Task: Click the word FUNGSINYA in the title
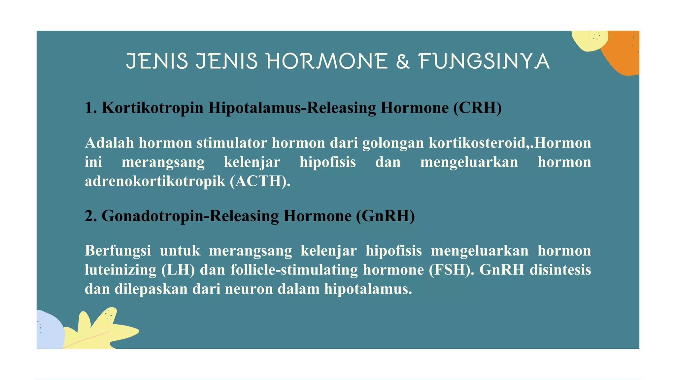pyautogui.click(x=484, y=61)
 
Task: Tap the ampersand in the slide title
pyautogui.click(x=403, y=61)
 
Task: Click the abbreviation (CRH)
pyautogui.click(x=477, y=108)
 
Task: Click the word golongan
pyautogui.click(x=393, y=143)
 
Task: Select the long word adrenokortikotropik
pyautogui.click(x=155, y=181)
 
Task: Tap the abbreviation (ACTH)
pyautogui.click(x=260, y=181)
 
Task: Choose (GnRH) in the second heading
pyautogui.click(x=385, y=216)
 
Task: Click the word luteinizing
pyautogui.click(x=120, y=270)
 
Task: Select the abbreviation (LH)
pyautogui.click(x=178, y=270)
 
